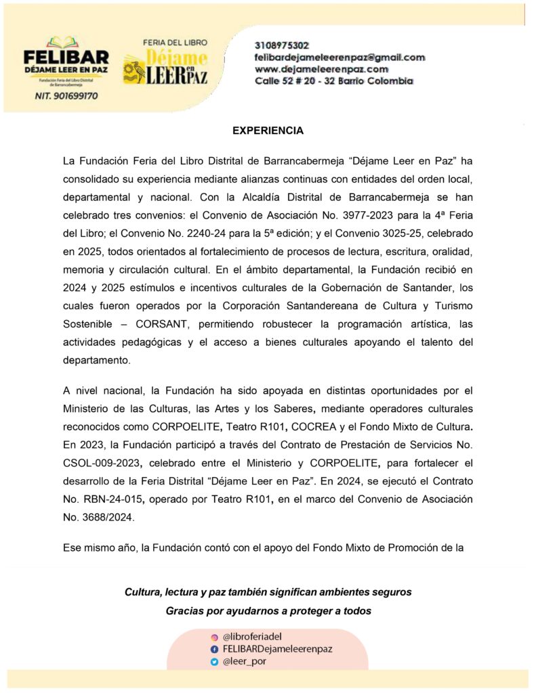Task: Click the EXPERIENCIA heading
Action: click(268, 131)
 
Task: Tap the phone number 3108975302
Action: click(282, 45)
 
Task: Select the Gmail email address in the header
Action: click(339, 58)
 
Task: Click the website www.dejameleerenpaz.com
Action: click(321, 69)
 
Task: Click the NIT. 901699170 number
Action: click(66, 96)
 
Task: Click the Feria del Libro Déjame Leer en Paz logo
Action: click(165, 62)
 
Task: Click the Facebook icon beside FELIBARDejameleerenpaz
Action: click(214, 649)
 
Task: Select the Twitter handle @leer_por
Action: click(244, 661)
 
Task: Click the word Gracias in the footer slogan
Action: click(185, 610)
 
